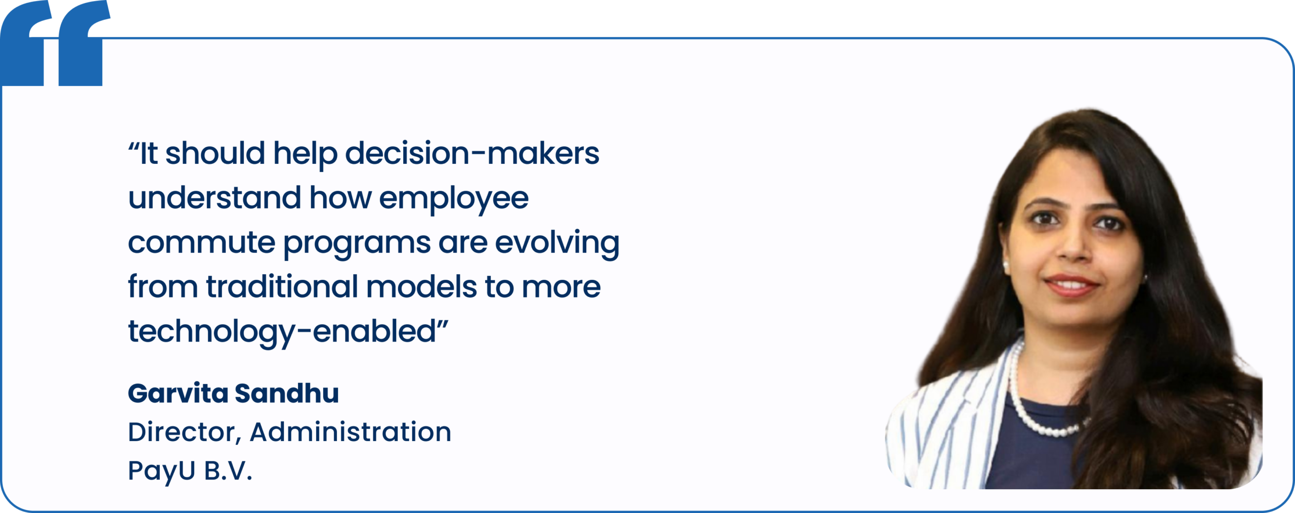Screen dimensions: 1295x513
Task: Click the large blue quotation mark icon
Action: click(55, 43)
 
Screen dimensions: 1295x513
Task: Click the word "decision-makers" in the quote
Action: click(472, 153)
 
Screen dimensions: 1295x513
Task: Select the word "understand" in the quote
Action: click(214, 197)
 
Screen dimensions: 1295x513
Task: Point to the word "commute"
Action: click(201, 243)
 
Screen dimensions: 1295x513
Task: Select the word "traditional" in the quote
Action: click(282, 286)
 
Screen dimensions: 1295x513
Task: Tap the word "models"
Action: click(421, 286)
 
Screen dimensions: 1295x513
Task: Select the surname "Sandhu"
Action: click(287, 393)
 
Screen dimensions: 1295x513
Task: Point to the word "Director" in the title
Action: click(182, 433)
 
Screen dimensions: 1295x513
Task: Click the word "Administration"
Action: click(351, 432)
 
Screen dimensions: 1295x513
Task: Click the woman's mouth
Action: click(1071, 285)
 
